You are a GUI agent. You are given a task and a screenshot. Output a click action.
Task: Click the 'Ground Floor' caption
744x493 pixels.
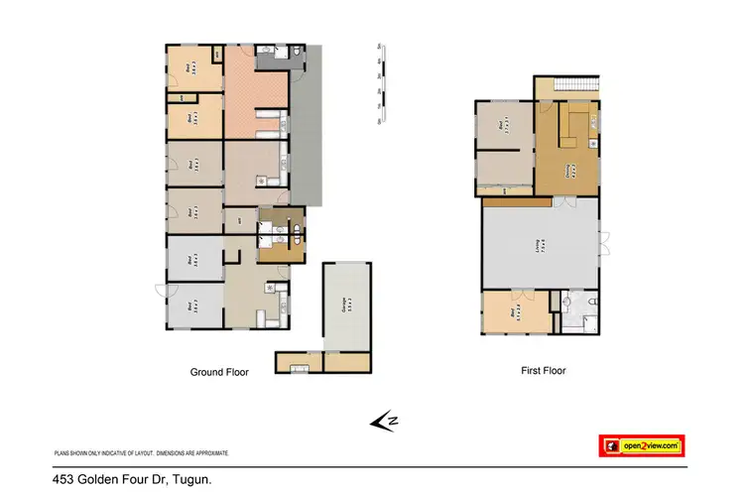coord(219,372)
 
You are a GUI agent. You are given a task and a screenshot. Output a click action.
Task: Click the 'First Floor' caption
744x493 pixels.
coord(544,371)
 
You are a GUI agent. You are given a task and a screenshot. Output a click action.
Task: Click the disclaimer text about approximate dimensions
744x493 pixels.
coord(141,452)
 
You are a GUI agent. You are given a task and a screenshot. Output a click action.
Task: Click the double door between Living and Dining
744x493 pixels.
coord(564,201)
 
